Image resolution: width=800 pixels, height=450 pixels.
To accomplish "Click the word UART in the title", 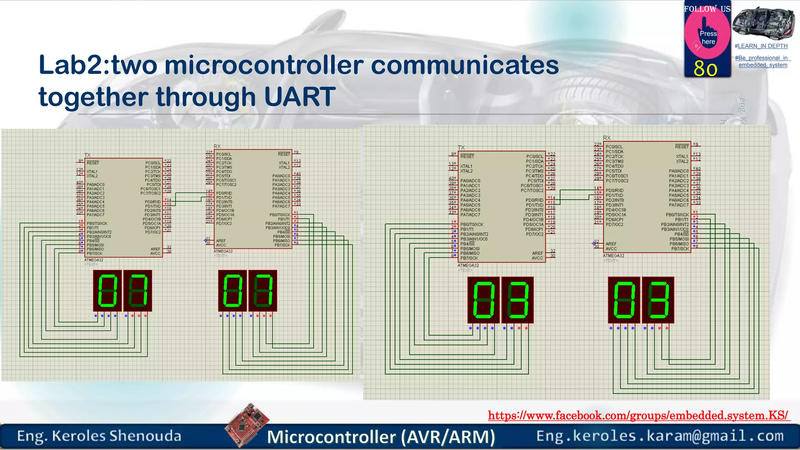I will (x=300, y=96).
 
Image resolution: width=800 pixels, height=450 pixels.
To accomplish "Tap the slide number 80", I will (x=705, y=69).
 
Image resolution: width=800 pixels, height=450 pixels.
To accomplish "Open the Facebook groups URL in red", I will (x=638, y=415).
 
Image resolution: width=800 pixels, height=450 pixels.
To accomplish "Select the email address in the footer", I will (x=660, y=436).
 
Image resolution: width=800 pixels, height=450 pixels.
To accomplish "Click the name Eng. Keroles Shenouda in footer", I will (x=99, y=436).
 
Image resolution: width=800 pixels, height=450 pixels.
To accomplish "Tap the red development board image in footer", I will (x=247, y=425).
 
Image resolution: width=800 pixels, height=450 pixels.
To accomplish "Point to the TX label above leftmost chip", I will (x=87, y=155).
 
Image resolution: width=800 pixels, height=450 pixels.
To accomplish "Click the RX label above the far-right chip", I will (x=607, y=138).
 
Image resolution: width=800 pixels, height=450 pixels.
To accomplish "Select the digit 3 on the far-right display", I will (x=658, y=300).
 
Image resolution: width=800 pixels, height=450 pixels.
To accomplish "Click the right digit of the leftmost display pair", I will (x=138, y=291).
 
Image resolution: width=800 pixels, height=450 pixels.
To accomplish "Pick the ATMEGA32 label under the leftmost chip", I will (x=94, y=260).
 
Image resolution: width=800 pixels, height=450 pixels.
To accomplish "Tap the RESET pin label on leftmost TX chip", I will (x=93, y=163).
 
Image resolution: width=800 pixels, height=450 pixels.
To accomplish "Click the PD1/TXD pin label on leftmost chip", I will (x=153, y=206).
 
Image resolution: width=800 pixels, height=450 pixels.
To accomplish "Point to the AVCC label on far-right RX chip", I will (x=611, y=249).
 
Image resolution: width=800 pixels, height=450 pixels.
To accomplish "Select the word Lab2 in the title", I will (x=72, y=65).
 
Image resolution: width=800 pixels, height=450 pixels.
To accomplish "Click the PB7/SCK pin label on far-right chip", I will (x=680, y=249).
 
